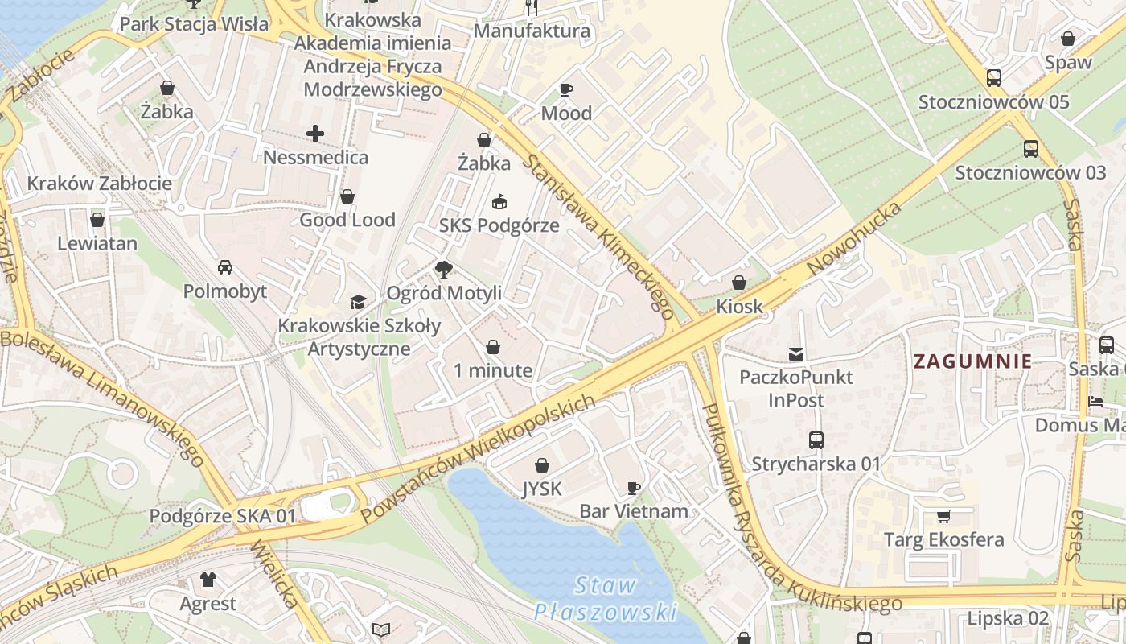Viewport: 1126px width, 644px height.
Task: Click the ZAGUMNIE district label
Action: [x=972, y=361]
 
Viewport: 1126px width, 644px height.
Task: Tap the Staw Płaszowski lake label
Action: [x=606, y=598]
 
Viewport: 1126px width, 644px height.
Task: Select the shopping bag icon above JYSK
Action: [x=542, y=465]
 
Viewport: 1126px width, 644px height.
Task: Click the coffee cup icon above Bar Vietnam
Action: [x=634, y=488]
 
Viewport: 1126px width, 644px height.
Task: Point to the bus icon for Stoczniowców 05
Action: [x=994, y=78]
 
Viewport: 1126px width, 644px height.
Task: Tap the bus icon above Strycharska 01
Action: [x=816, y=440]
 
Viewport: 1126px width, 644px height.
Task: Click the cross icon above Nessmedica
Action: [x=315, y=134]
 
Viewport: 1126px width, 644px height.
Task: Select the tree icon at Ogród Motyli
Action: [x=443, y=270]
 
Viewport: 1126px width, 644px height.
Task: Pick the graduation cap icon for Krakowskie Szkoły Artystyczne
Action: [x=358, y=302]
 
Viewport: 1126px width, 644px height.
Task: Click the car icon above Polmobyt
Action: [x=225, y=267]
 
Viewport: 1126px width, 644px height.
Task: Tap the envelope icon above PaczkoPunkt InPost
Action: [x=796, y=353]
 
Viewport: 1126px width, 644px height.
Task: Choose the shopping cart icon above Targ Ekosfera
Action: [x=943, y=516]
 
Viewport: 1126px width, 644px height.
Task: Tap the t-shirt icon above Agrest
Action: [x=208, y=580]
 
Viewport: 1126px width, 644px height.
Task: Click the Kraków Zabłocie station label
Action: [x=100, y=184]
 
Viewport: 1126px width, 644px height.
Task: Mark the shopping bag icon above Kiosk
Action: [x=739, y=283]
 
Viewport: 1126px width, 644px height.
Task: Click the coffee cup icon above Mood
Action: [x=566, y=89]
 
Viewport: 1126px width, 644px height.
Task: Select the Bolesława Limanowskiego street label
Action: [x=102, y=397]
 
